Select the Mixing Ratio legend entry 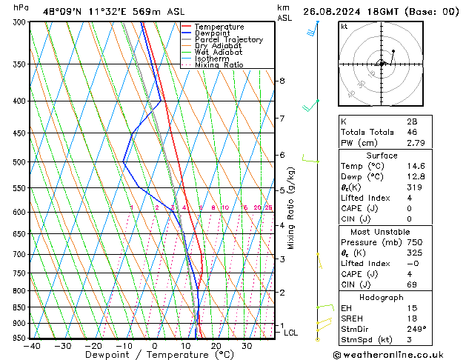pos(219,65)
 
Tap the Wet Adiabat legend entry pos(218,53)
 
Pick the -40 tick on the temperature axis pos(31,346)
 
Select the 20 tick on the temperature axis pos(216,346)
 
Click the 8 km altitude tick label pos(282,81)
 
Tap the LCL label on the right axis pos(291,333)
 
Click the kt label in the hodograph pos(344,27)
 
